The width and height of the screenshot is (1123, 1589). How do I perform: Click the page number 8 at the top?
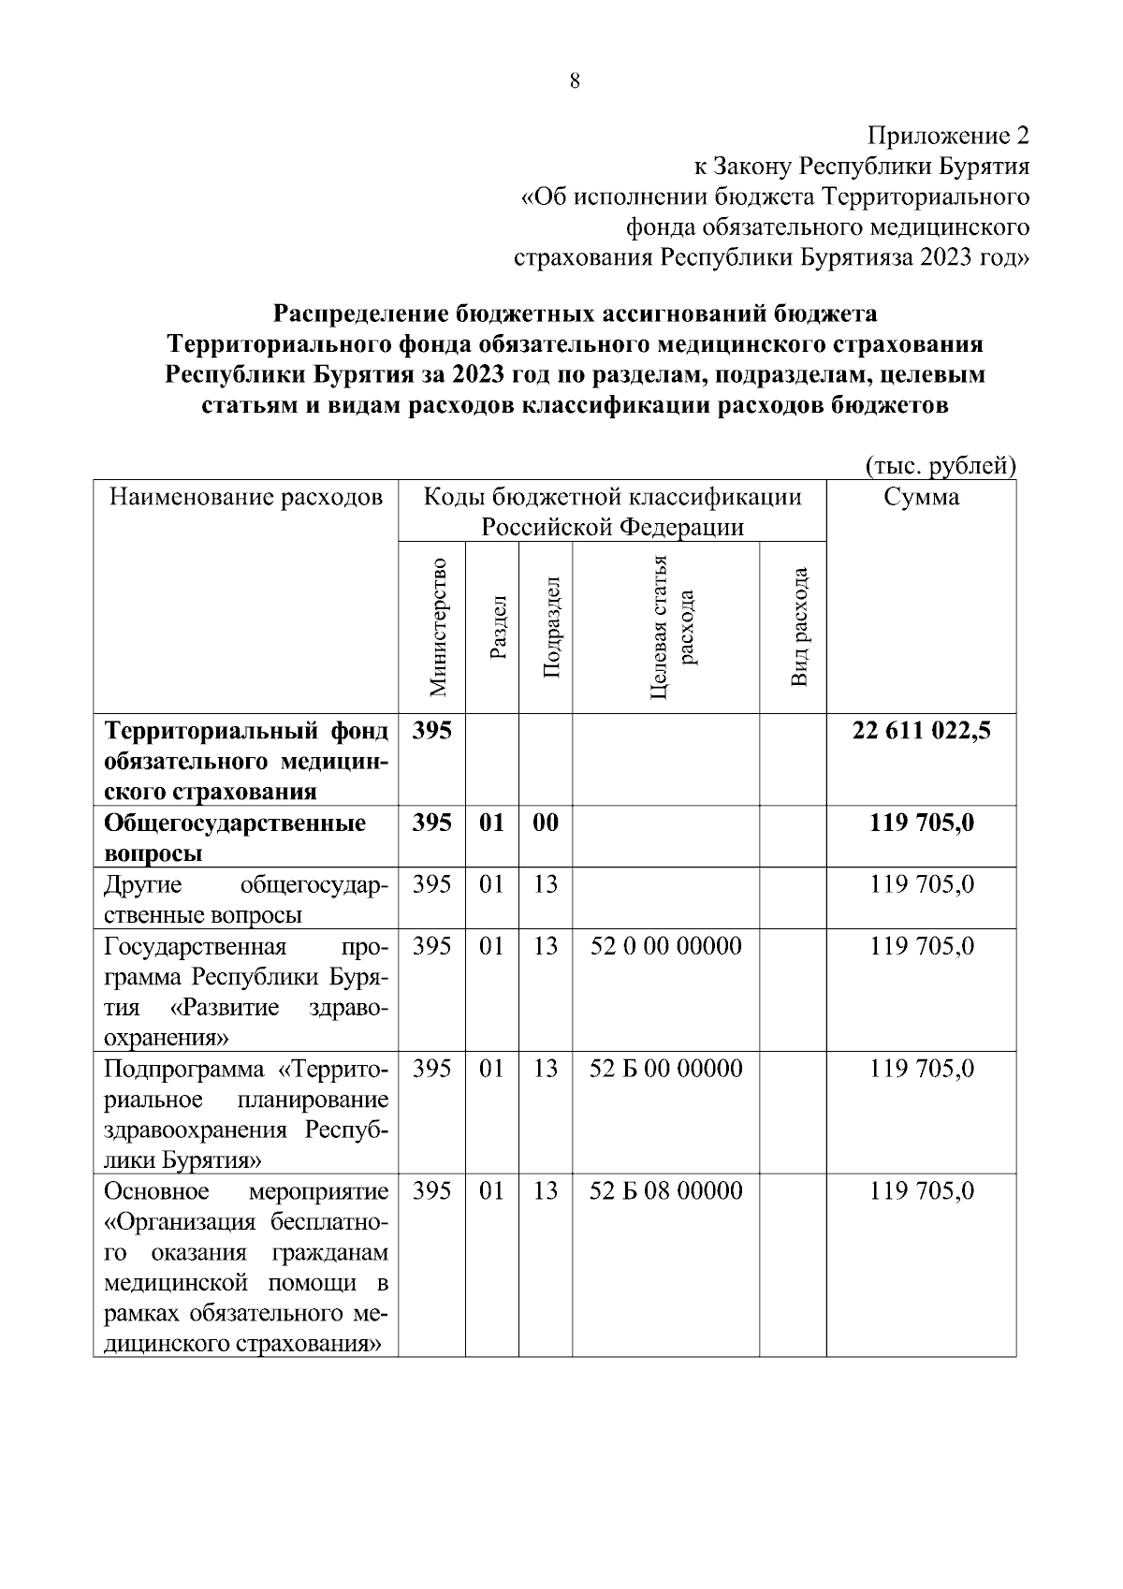pyautogui.click(x=575, y=81)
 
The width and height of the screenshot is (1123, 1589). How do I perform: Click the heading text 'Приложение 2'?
pyautogui.click(x=948, y=137)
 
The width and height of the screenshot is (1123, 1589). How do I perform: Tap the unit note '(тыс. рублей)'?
pyautogui.click(x=941, y=466)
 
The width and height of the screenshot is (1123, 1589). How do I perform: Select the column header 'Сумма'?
pyautogui.click(x=921, y=497)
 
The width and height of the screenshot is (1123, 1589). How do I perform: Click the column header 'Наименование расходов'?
pyautogui.click(x=246, y=497)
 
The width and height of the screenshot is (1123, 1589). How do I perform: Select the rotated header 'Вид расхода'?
pyautogui.click(x=797, y=627)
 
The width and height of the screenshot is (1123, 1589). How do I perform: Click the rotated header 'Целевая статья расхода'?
pyautogui.click(x=673, y=627)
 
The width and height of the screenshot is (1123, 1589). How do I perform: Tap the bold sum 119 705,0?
pyautogui.click(x=921, y=823)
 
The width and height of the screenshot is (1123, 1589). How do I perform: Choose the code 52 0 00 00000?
pyautogui.click(x=666, y=946)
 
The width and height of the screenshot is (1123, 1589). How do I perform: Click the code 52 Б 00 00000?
pyautogui.click(x=666, y=1069)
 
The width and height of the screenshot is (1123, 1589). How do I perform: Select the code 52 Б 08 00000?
pyautogui.click(x=666, y=1191)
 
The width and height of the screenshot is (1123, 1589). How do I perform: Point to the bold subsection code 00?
pyautogui.click(x=545, y=823)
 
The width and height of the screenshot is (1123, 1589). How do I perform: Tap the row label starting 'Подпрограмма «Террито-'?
pyautogui.click(x=246, y=1115)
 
